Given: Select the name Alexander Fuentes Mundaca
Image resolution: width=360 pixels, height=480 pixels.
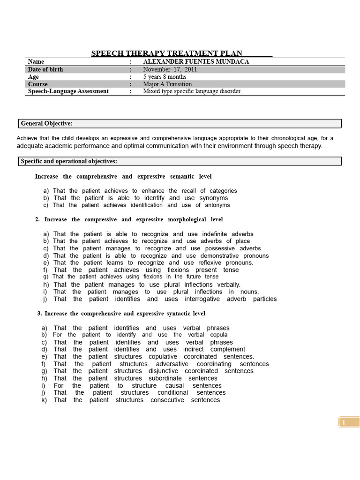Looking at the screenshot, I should (196, 62).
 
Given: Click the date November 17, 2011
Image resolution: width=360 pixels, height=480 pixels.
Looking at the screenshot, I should (170, 69).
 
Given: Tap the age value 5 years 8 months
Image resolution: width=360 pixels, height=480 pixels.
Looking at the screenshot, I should (165, 77).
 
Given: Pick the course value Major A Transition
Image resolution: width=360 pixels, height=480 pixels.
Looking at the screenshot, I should (167, 84).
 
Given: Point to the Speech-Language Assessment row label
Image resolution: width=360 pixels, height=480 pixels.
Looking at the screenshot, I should (68, 91).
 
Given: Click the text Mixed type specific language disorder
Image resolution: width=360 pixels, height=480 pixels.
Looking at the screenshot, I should (192, 91).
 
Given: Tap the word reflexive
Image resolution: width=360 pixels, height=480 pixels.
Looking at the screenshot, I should (204, 263).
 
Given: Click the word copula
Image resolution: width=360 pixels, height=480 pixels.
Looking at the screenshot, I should (218, 335).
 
